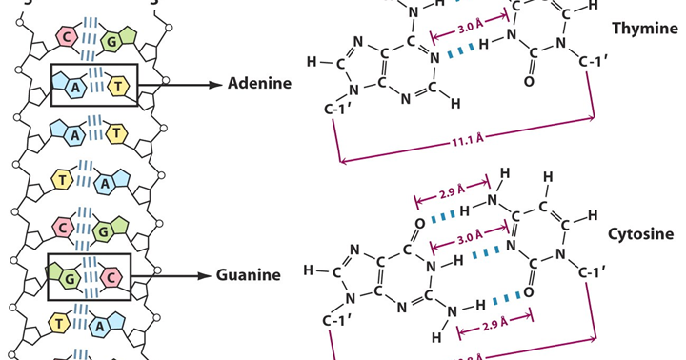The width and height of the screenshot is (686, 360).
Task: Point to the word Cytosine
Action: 639,233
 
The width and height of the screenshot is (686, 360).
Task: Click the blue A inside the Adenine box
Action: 72,87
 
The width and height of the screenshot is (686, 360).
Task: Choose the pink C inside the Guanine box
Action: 110,276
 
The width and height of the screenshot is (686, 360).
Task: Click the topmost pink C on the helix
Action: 70,38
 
